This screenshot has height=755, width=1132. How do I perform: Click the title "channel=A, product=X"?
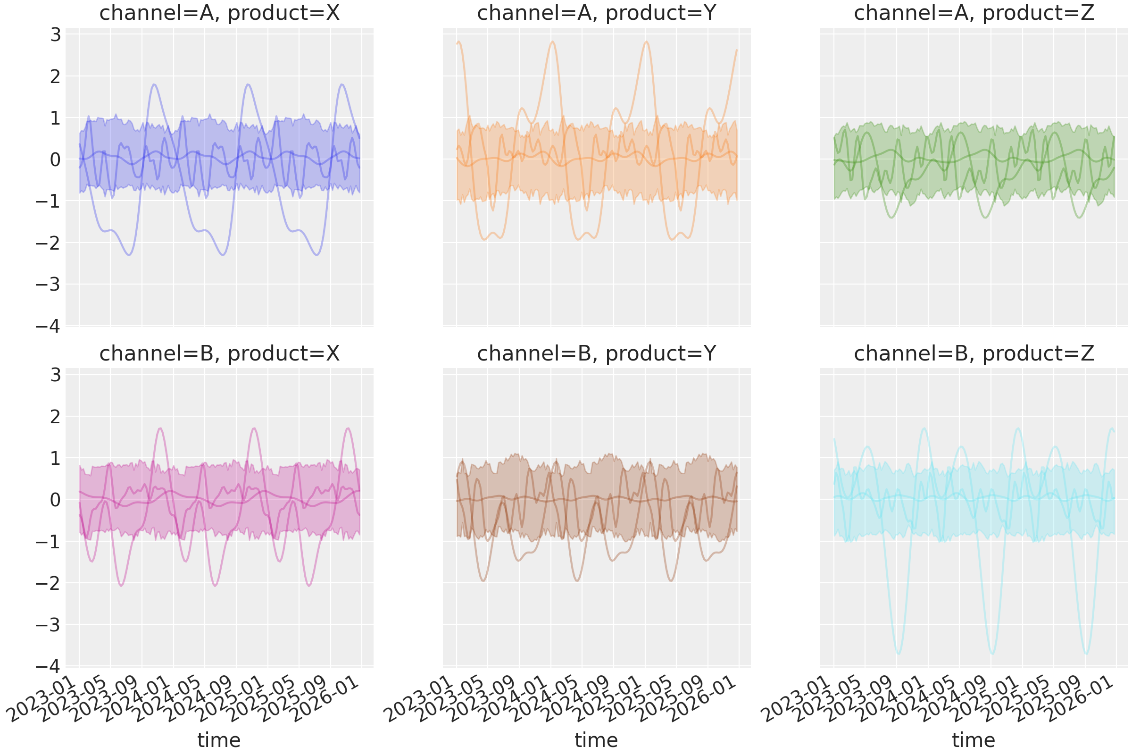(x=219, y=13)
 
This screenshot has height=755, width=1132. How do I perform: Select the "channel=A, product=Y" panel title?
(x=597, y=13)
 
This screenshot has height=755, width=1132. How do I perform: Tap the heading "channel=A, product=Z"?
(x=974, y=13)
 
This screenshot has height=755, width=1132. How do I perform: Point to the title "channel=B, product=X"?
(x=219, y=354)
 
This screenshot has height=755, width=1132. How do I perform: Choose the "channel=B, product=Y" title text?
(x=597, y=354)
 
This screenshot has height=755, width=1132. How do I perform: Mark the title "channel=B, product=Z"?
(x=974, y=354)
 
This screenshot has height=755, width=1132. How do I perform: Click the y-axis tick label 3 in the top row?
(x=55, y=35)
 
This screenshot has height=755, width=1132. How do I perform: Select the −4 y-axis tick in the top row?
(x=48, y=327)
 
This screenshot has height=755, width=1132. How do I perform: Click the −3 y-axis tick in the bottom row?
(x=48, y=625)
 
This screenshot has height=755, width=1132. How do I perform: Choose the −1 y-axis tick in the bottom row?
(x=48, y=542)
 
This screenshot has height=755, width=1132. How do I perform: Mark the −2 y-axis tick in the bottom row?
(x=48, y=583)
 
